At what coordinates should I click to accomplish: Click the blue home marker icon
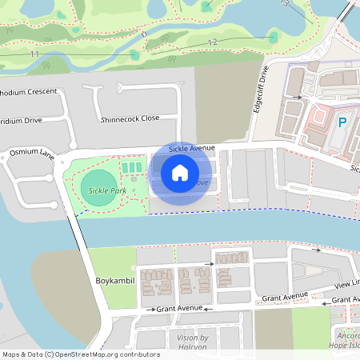click(180, 172)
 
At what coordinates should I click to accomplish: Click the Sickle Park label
click(108, 191)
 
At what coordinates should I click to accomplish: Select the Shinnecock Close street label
click(130, 119)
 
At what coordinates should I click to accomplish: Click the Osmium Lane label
click(31, 151)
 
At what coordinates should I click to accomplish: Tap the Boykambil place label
click(114, 281)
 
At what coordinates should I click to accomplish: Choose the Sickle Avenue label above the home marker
click(193, 149)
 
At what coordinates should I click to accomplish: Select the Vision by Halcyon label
click(192, 342)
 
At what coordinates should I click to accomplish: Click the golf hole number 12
click(212, 42)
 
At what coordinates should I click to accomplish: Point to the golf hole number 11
click(34, 54)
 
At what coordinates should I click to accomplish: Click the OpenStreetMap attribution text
click(80, 354)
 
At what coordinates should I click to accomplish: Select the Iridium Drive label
click(21, 120)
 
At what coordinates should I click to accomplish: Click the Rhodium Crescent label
click(29, 91)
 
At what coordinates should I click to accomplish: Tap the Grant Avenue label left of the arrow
click(179, 308)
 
